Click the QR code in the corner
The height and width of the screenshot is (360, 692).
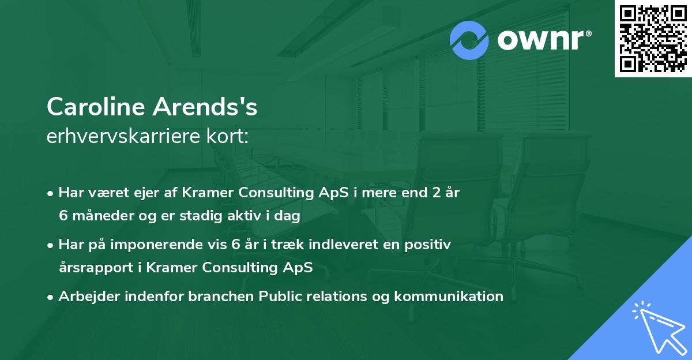[x=653, y=39]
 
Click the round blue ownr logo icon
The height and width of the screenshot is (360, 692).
[x=469, y=40]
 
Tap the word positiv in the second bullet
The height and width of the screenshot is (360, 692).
[x=430, y=245]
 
